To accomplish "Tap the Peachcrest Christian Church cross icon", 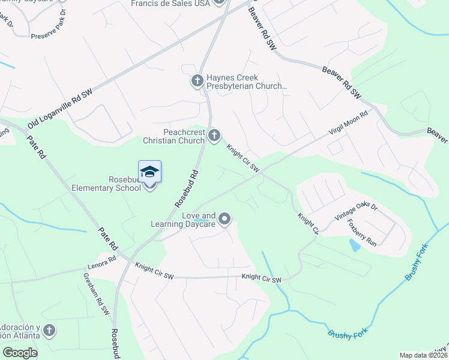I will click(x=214, y=136).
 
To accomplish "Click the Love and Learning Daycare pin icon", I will click(x=224, y=219).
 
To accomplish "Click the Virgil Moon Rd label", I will click(x=348, y=125).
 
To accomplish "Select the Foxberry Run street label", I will click(x=362, y=233).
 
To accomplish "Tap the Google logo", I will click(x=20, y=353).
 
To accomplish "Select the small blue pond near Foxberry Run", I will click(x=354, y=244).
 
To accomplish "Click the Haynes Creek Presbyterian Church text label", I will click(x=247, y=82).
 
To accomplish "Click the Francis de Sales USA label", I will click(x=170, y=4).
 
